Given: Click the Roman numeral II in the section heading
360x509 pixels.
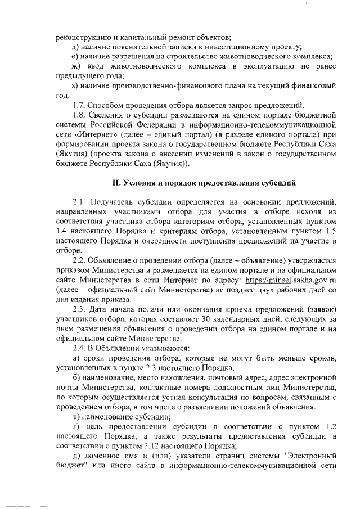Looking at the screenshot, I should click(116, 183).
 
